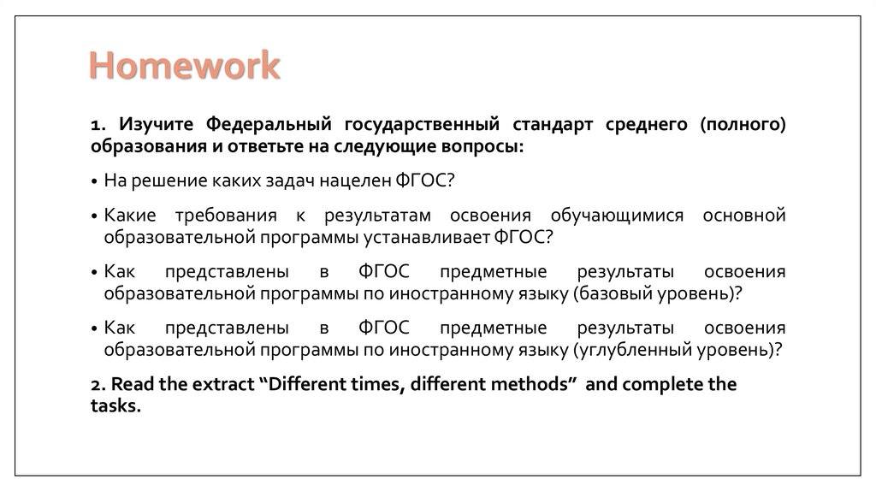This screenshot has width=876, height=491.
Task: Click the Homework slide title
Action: point(186,66)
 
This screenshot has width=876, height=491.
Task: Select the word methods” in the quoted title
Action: point(532,384)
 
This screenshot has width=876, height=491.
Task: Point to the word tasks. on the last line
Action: point(115,406)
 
